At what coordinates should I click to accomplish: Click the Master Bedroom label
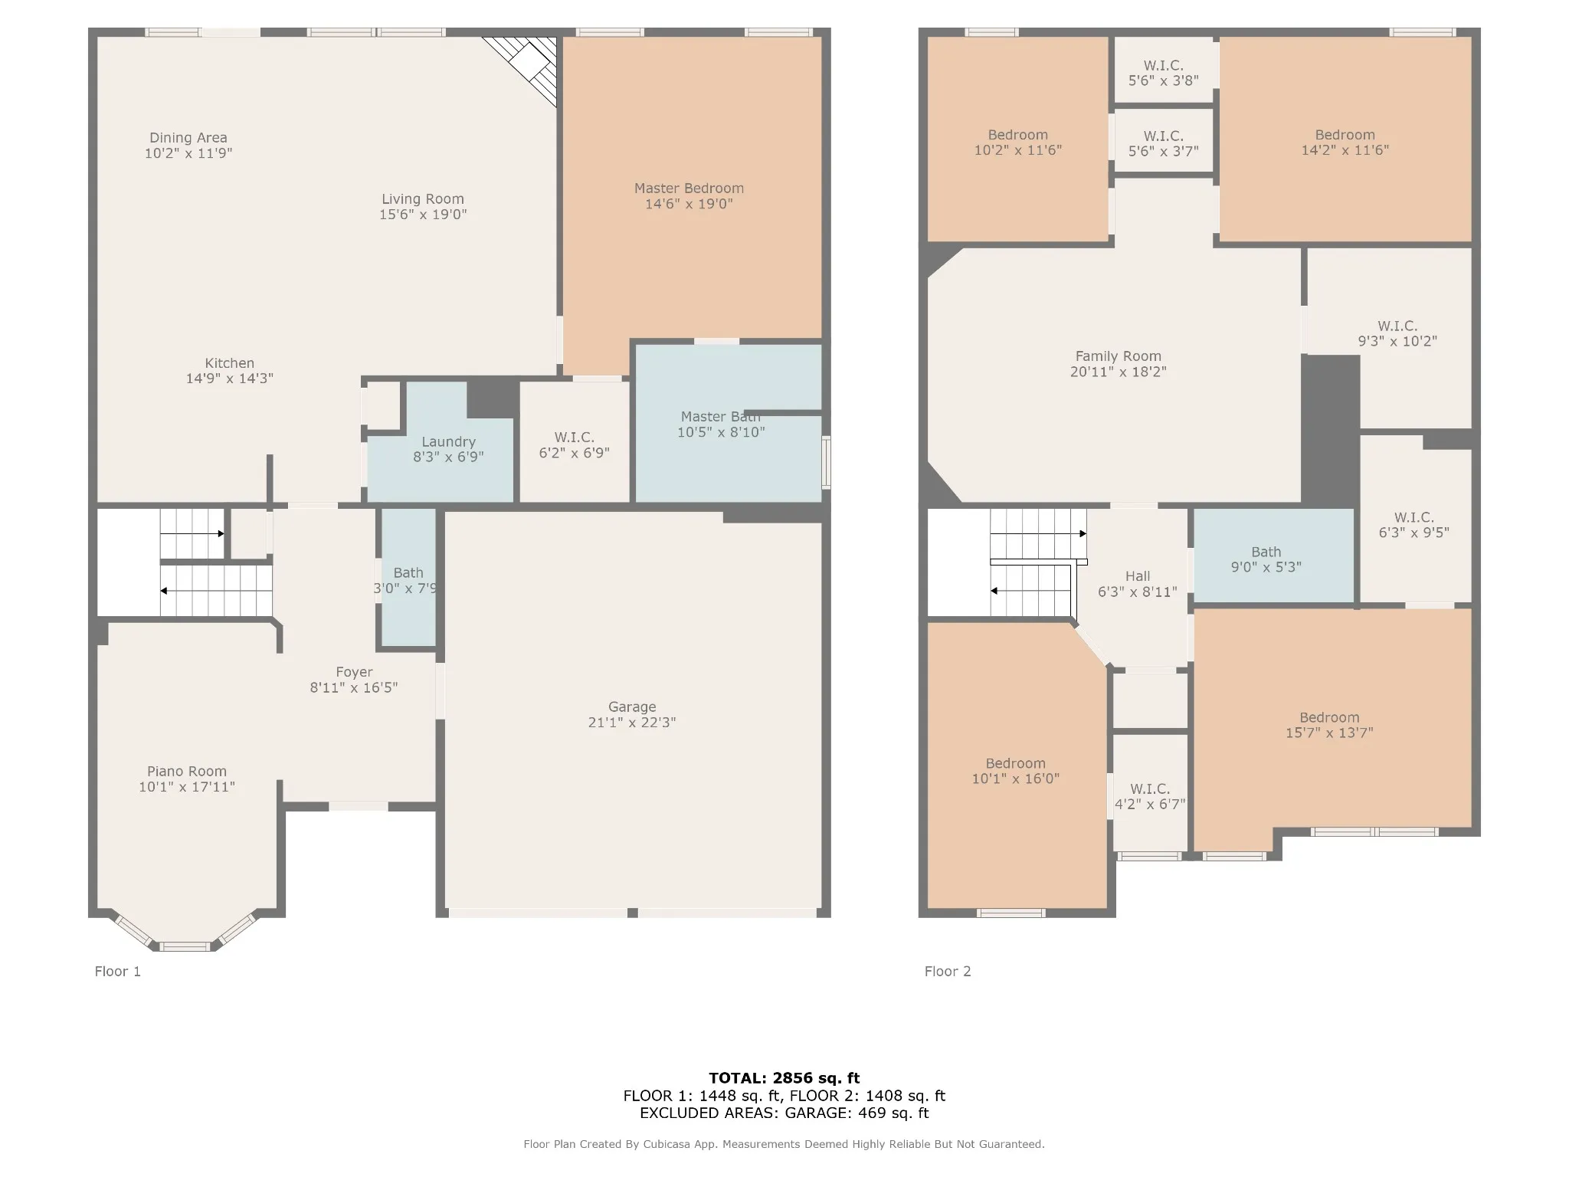pyautogui.click(x=689, y=189)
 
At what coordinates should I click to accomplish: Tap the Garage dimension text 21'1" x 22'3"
pyautogui.click(x=632, y=723)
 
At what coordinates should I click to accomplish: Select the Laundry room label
pyautogui.click(x=448, y=442)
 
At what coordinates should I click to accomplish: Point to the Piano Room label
pyautogui.click(x=187, y=772)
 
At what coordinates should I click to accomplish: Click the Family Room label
pyautogui.click(x=1119, y=356)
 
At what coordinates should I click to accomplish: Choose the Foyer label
pyautogui.click(x=354, y=672)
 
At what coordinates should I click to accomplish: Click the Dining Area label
pyautogui.click(x=188, y=138)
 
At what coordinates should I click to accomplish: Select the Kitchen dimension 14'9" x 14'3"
pyautogui.click(x=230, y=379)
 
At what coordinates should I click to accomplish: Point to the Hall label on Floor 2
pyautogui.click(x=1138, y=576)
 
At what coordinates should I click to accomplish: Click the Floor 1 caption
pyautogui.click(x=118, y=972)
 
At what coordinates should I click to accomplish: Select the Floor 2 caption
pyautogui.click(x=948, y=972)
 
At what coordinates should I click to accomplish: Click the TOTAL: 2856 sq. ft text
pyautogui.click(x=784, y=1079)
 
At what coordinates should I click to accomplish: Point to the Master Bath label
pyautogui.click(x=721, y=417)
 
